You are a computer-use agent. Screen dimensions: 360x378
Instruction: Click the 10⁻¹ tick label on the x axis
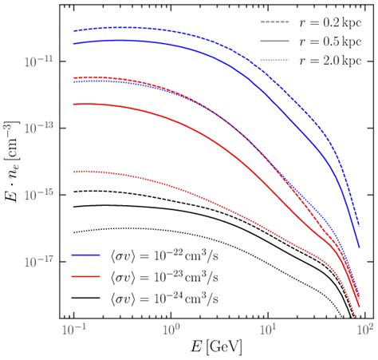pyautogui.click(x=73, y=330)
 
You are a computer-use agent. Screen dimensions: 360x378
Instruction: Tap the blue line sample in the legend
pyautogui.click(x=84, y=259)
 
